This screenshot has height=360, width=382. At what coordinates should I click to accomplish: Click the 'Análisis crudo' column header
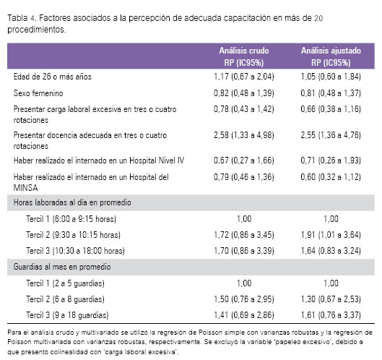pos(244,51)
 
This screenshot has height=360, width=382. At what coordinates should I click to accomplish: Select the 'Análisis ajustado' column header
pos(331,51)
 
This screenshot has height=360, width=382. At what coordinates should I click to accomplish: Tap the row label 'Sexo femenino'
pos(38,93)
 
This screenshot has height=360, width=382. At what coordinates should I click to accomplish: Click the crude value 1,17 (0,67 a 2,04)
pos(244,77)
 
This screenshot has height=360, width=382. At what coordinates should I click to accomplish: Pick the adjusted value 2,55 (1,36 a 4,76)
pos(331,135)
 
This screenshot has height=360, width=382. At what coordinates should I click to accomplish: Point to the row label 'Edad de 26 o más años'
pos(53,77)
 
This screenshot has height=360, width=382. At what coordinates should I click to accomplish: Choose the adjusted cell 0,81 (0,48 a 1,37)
pos(331,93)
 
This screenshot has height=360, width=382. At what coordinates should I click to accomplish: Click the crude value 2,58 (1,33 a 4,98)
pos(244,135)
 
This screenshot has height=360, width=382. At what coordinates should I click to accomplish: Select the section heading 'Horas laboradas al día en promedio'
pos(72,202)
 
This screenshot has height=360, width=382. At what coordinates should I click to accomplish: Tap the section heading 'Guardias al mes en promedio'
pos(62,267)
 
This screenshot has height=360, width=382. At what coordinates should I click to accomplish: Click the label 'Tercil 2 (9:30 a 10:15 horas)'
pos(74,235)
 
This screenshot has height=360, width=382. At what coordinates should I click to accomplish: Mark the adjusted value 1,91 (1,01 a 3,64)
pos(331,235)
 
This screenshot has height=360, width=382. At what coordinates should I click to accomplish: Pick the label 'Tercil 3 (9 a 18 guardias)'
pos(67,315)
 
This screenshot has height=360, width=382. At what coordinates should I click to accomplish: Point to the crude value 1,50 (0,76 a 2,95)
pos(244,299)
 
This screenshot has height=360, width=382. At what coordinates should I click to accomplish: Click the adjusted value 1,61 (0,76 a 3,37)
pos(331,315)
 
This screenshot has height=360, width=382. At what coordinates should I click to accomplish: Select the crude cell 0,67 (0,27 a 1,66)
pos(244,160)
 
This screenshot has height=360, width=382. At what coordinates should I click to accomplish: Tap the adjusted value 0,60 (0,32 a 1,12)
pos(331,177)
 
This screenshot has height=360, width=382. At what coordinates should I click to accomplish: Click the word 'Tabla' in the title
pos(17,18)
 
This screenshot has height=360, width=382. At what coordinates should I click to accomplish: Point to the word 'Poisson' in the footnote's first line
pos(210,333)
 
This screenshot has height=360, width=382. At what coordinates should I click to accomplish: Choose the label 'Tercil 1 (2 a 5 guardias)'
pos(65,283)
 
